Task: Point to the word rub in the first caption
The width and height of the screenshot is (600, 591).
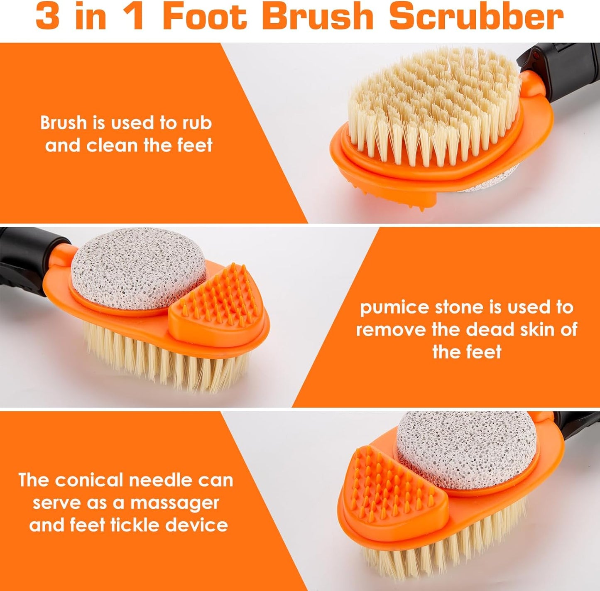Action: (x=196, y=123)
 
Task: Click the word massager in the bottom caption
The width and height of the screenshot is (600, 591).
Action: (x=174, y=503)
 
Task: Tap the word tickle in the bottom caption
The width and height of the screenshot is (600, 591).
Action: (x=135, y=525)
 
